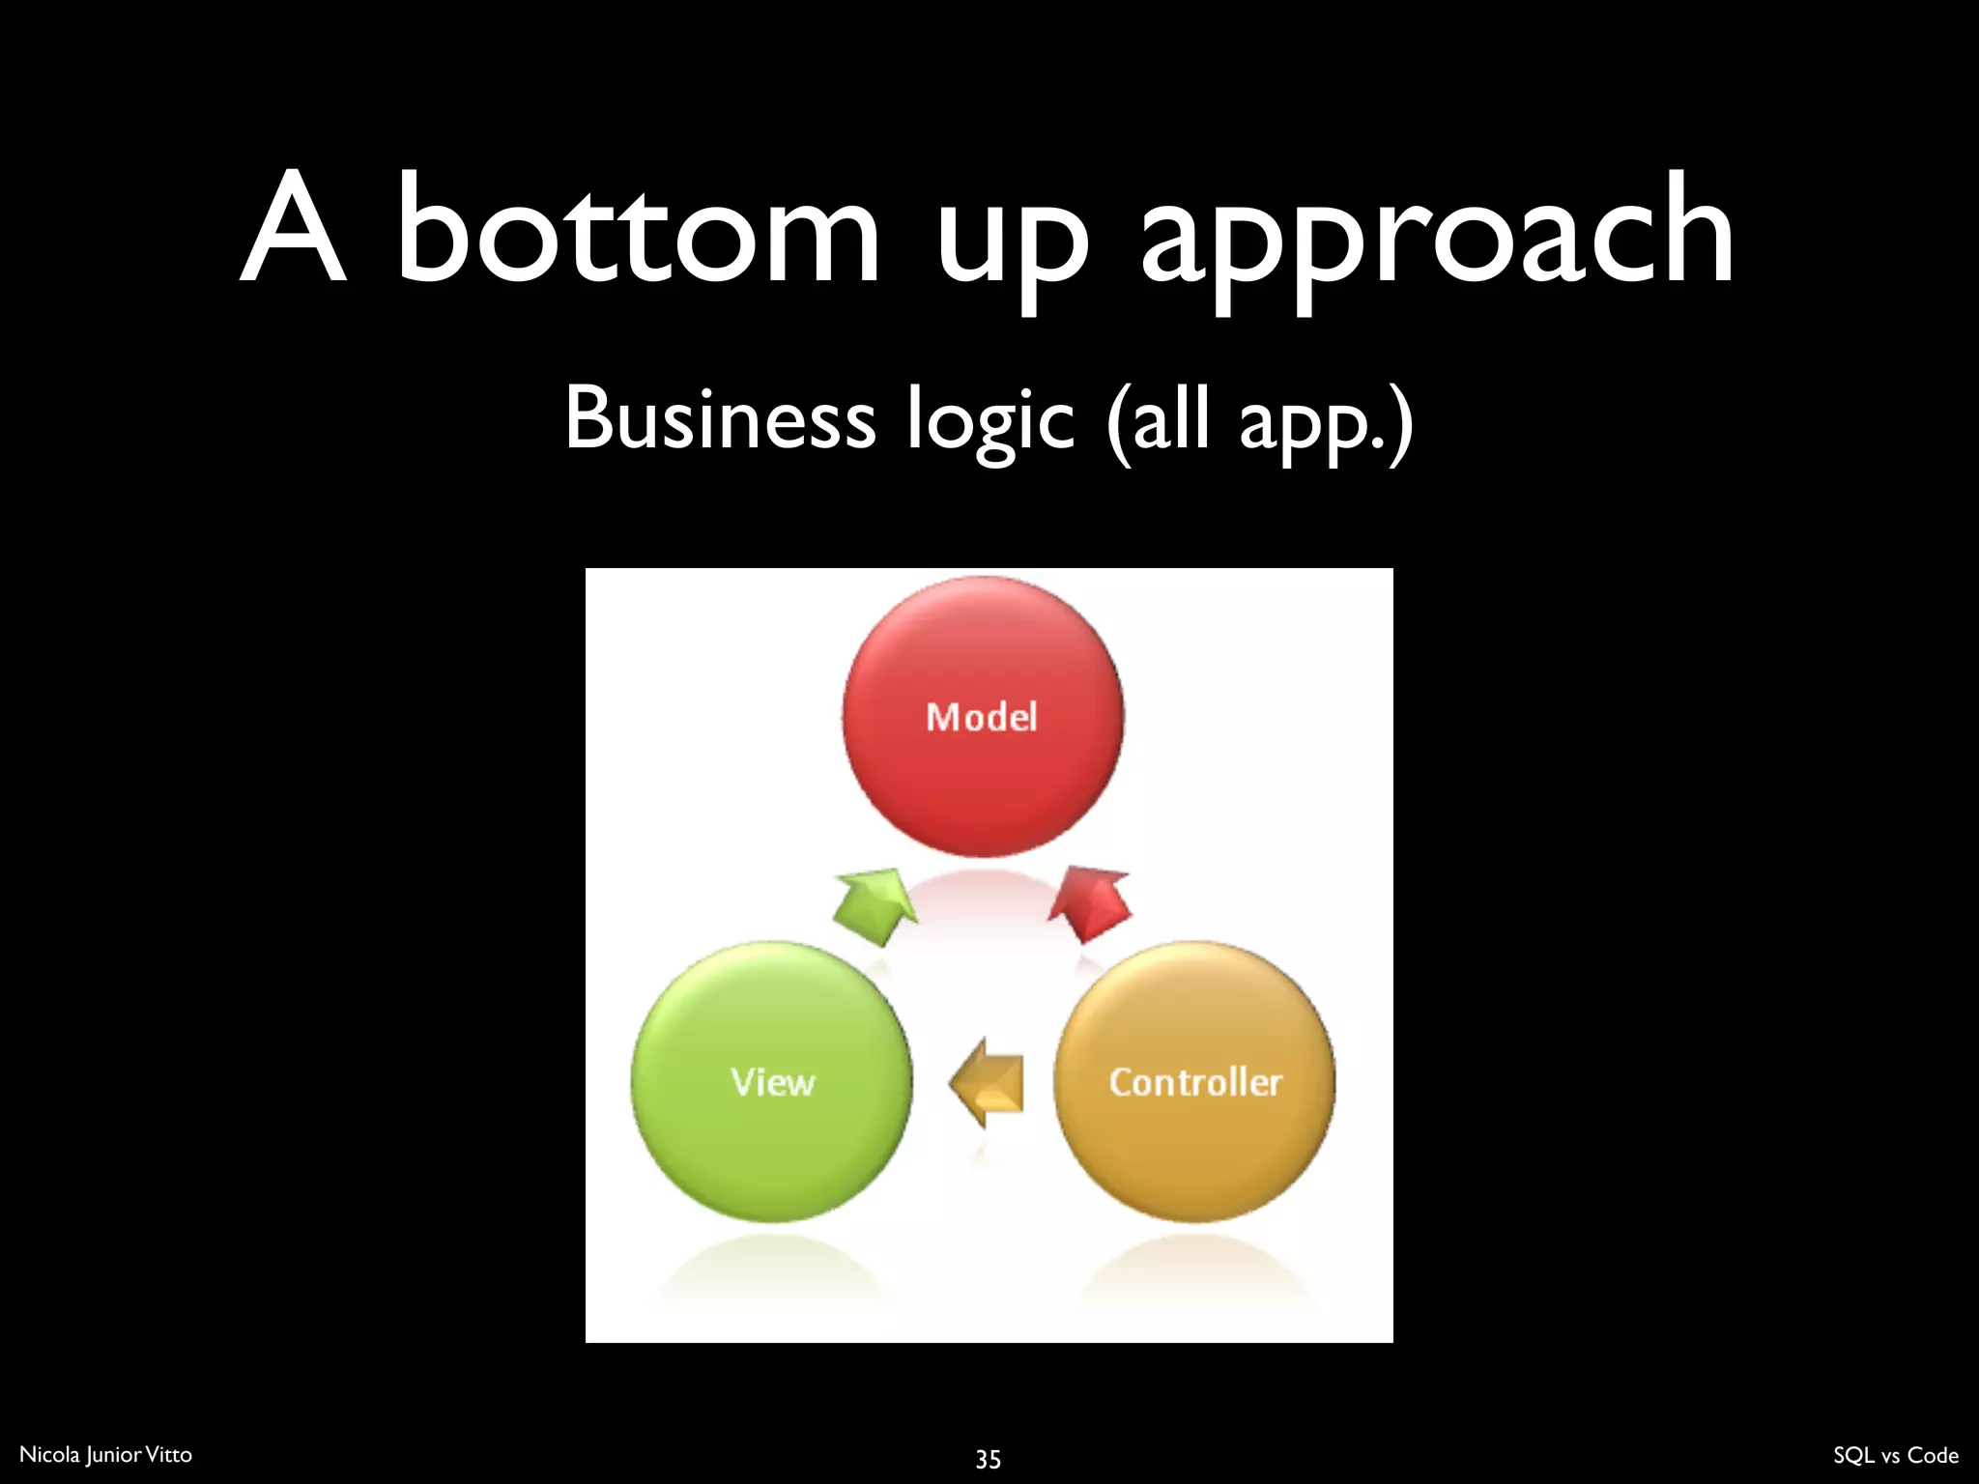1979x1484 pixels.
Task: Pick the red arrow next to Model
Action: coord(1092,903)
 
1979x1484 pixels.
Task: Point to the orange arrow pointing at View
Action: coord(988,1083)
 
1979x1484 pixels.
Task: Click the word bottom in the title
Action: coord(638,232)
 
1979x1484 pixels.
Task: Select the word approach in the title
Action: coord(1437,237)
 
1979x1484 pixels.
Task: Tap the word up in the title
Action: coord(1012,242)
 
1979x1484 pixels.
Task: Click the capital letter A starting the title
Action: coord(293,229)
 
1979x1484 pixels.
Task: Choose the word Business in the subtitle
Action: coord(720,418)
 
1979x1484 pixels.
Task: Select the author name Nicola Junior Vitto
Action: coord(105,1455)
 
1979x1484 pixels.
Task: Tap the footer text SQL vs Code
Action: coord(1895,1455)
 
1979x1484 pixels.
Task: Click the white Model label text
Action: coord(982,718)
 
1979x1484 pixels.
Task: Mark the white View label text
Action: coord(772,1082)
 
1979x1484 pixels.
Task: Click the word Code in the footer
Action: coord(1933,1455)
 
